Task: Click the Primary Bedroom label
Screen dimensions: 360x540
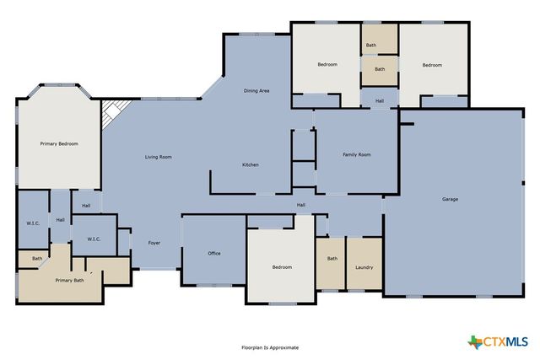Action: [x=59, y=144]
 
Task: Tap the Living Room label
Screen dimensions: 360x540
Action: [x=159, y=157]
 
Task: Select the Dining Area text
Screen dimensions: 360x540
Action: [x=256, y=90]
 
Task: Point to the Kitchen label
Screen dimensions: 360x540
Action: [x=251, y=164]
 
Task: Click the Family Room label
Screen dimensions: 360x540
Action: [x=356, y=155]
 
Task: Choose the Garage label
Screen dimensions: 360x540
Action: [x=450, y=200]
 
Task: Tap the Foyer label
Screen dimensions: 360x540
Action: [x=154, y=243]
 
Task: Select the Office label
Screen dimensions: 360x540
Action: [x=214, y=253]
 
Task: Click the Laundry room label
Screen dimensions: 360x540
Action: [x=364, y=267]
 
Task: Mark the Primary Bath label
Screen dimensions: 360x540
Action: [x=69, y=280]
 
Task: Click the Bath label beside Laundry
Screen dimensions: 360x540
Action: [x=332, y=259]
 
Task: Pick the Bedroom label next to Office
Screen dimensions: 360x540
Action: [x=282, y=267]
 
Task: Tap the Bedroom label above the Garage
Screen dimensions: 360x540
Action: [x=432, y=65]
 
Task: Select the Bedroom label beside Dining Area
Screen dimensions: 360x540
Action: [x=327, y=65]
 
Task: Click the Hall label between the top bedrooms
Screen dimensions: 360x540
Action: [x=380, y=101]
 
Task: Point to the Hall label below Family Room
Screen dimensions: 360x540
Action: [x=300, y=205]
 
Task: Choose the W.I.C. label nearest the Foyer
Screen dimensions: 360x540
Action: [x=94, y=239]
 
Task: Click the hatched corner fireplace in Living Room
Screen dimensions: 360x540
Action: [x=112, y=113]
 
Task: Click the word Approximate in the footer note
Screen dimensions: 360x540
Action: [x=284, y=347]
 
